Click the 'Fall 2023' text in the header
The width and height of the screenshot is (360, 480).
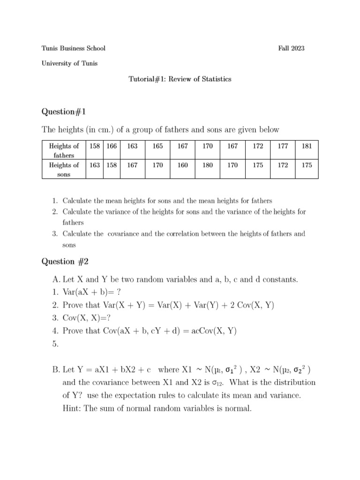point(291,48)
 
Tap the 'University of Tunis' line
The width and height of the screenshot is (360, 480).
point(69,63)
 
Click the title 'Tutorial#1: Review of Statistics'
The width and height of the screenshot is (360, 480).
point(180,79)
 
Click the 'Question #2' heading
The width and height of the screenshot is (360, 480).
point(66,262)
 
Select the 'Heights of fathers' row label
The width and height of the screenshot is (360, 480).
point(64,150)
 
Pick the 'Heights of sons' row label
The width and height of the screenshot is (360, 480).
point(64,169)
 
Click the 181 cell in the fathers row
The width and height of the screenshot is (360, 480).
point(307,146)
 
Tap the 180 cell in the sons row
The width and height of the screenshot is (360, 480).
point(207,165)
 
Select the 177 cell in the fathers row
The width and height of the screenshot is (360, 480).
point(283,146)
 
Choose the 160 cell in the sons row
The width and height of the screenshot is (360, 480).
point(182,165)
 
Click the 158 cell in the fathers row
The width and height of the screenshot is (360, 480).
point(94,146)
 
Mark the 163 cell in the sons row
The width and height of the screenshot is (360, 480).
point(94,165)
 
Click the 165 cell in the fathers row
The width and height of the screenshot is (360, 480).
point(157,146)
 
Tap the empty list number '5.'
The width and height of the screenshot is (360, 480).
point(56,344)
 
